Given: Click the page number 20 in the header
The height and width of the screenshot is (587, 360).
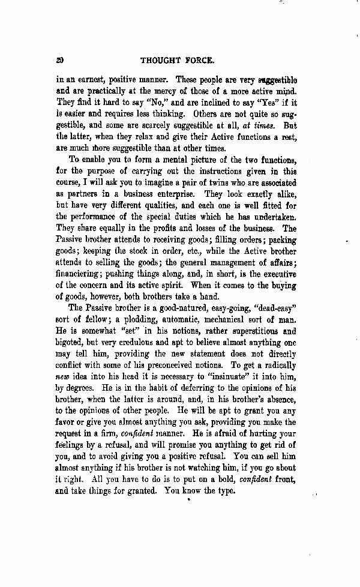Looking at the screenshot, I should [x=59, y=60].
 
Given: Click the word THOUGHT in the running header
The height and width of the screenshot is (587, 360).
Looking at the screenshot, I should [x=162, y=60].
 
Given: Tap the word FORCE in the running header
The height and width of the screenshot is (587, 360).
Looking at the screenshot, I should [x=202, y=60].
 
